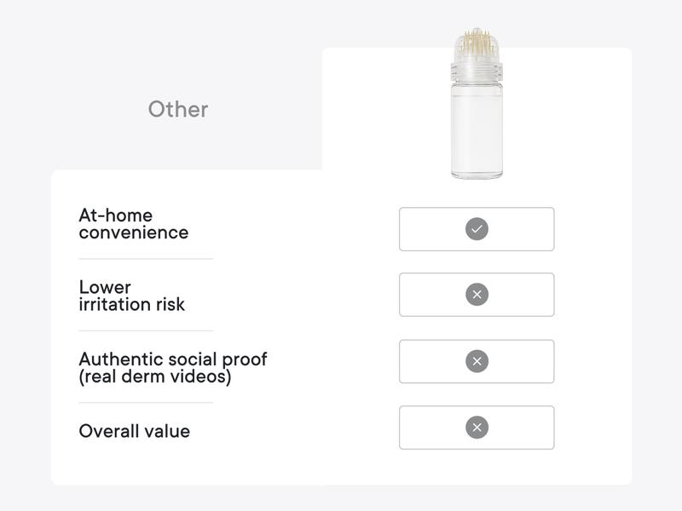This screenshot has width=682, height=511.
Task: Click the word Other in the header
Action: (x=178, y=109)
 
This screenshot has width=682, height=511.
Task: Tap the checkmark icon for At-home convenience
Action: (x=477, y=229)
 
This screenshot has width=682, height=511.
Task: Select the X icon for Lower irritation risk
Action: (x=477, y=295)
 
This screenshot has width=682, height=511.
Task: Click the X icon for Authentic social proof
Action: (x=477, y=361)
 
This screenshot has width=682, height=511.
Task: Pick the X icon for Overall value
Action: (x=477, y=428)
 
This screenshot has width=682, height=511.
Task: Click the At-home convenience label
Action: (x=133, y=224)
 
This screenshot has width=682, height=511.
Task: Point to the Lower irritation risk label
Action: (x=131, y=296)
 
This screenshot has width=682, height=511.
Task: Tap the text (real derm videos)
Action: (x=154, y=376)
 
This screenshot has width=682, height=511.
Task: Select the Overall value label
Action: (x=134, y=431)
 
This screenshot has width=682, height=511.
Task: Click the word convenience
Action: (x=133, y=233)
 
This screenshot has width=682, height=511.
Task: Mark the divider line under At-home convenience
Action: (x=145, y=259)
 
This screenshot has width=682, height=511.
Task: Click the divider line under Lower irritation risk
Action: (x=145, y=330)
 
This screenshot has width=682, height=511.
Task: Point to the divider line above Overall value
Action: (x=145, y=403)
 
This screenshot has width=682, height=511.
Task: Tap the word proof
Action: (x=243, y=359)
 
